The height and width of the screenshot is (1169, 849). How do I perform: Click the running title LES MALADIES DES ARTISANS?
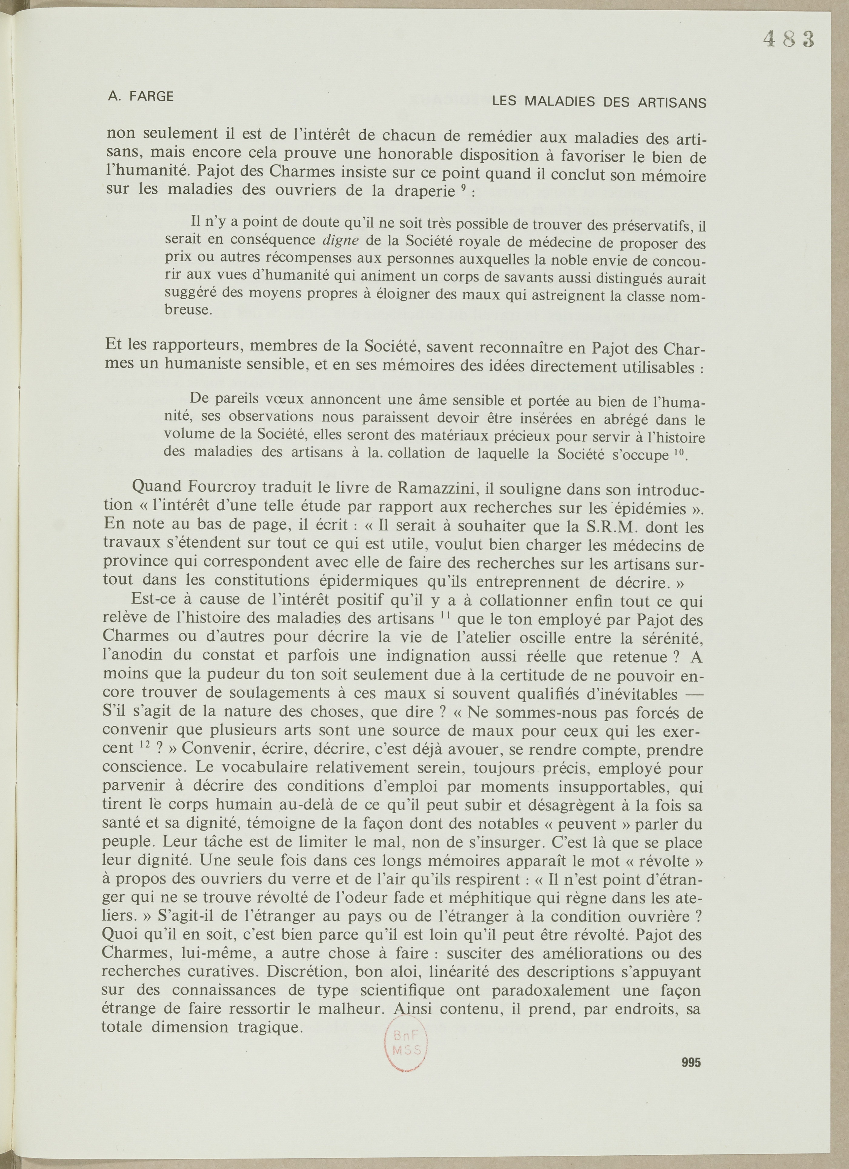click(x=599, y=102)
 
